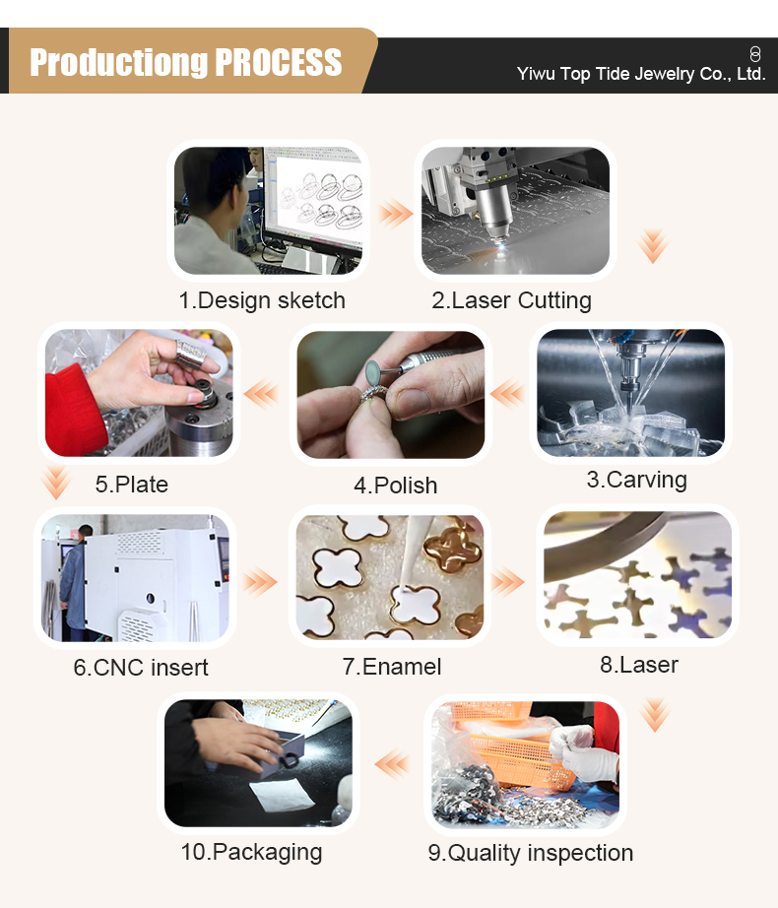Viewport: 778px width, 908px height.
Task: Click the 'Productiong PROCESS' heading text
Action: coord(185,62)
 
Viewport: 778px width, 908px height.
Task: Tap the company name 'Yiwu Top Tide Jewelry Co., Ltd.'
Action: coord(641,74)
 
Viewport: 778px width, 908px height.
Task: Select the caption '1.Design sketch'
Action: coord(262,300)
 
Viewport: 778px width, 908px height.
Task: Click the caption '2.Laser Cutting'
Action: coord(511,300)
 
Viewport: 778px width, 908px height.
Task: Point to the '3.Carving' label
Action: coord(636,480)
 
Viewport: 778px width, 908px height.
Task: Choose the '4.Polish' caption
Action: coord(395,486)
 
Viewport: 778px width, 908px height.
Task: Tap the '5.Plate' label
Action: coord(132,485)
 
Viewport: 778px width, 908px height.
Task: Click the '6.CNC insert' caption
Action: coord(141,667)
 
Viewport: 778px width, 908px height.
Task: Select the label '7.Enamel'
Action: coord(392,667)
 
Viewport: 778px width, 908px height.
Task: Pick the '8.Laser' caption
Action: coord(639,665)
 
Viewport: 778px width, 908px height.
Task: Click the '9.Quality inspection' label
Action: coord(530,853)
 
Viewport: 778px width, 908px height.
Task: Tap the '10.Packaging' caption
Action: coord(251,851)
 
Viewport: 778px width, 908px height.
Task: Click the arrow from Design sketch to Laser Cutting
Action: coord(395,212)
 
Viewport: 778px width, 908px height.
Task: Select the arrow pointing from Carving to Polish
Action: coord(507,395)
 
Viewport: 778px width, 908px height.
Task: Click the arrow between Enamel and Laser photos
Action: coord(507,582)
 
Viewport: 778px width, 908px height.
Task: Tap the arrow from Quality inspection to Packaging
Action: coord(392,762)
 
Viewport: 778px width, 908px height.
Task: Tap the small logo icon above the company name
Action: coord(755,53)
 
